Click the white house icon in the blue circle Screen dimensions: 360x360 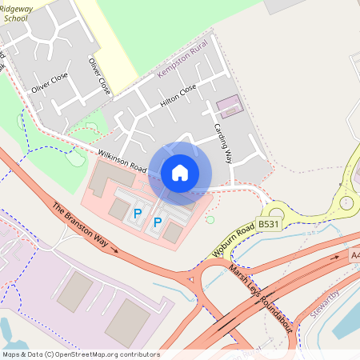point(180,172)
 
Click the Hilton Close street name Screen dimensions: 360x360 point(178,97)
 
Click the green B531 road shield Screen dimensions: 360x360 point(270,226)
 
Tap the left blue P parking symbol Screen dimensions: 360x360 point(137,214)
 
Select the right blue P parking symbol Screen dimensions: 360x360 point(158,222)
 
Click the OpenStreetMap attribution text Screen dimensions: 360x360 point(80,354)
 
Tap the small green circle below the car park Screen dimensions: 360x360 point(210,219)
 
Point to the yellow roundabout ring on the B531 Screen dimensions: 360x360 point(346,202)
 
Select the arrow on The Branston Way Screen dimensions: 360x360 point(114,250)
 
